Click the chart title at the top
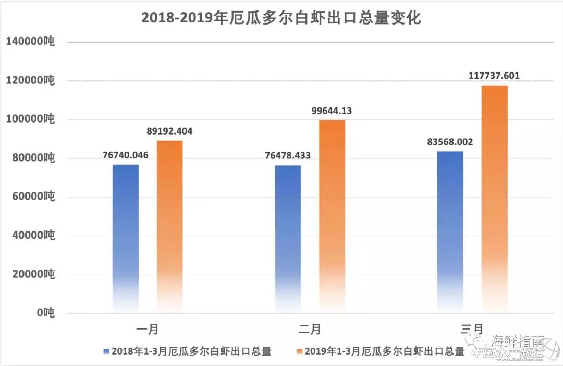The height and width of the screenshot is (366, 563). (x=281, y=18)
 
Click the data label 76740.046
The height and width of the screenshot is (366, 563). (x=126, y=155)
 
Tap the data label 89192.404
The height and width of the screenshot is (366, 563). (x=170, y=131)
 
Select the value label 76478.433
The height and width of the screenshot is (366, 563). (x=288, y=156)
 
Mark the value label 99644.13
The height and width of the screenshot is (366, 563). (x=332, y=111)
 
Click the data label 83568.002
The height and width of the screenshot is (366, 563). (x=450, y=142)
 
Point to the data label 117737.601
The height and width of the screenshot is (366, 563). (x=494, y=76)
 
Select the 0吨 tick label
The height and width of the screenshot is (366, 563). (x=45, y=313)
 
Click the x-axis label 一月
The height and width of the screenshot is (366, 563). (x=148, y=329)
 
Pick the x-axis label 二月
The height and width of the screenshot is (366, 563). (x=310, y=329)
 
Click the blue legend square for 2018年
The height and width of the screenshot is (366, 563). (x=107, y=351)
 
